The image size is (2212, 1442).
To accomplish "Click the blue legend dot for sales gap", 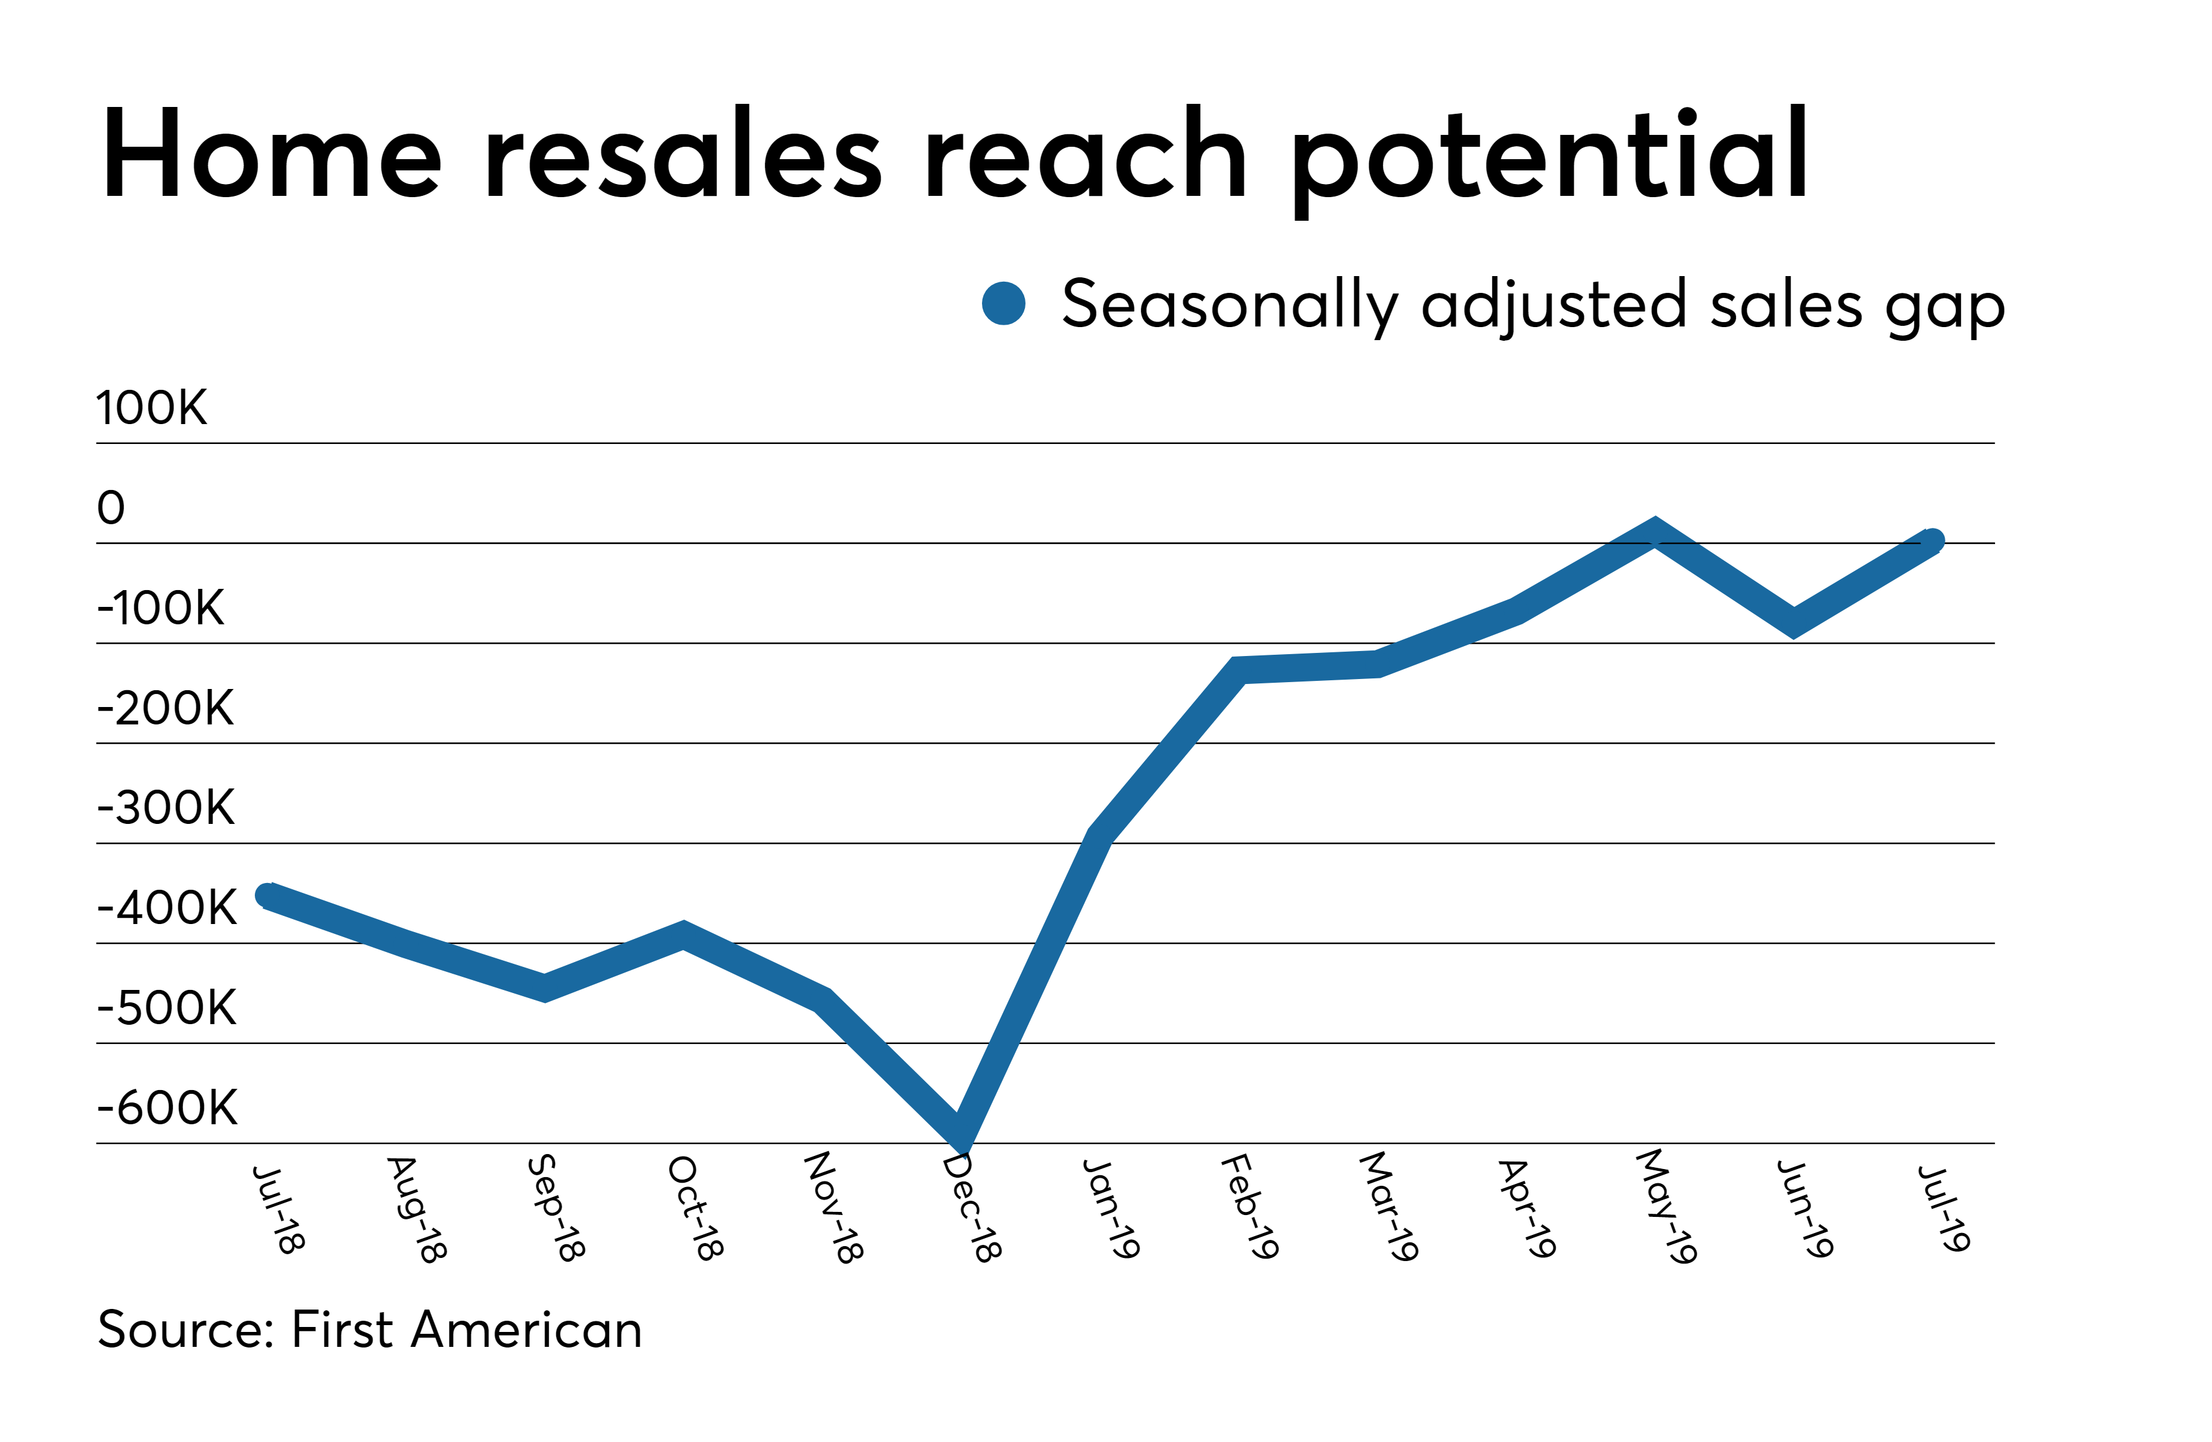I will click(1004, 304).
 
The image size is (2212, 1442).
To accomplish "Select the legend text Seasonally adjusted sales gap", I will click(1533, 306).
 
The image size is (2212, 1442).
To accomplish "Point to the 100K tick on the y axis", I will click(152, 408).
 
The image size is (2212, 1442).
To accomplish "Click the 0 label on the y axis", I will click(111, 507).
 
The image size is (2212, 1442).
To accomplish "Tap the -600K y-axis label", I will click(167, 1107).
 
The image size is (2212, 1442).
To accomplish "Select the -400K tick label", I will click(167, 907).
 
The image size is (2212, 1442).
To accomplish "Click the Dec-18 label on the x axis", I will click(972, 1209).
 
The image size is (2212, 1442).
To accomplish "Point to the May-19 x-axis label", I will click(1666, 1207).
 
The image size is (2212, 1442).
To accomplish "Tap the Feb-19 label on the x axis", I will click(1250, 1207).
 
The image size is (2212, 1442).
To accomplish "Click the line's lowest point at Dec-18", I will click(961, 1132).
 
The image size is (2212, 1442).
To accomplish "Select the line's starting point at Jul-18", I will click(268, 895).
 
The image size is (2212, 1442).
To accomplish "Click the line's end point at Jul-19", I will click(1931, 540).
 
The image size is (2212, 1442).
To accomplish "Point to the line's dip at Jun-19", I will click(1793, 623).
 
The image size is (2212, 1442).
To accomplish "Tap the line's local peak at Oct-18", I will click(683, 935).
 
